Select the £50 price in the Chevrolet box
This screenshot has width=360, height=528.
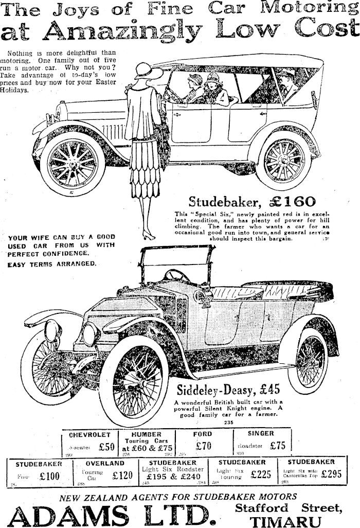tap(106, 447)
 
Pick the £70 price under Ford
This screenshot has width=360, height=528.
tap(204, 446)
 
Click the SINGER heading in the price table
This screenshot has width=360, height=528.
tap(261, 433)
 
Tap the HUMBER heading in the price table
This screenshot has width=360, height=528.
tap(147, 434)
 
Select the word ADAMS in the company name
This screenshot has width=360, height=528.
tap(69, 515)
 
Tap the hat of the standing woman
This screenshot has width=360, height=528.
tap(148, 72)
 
